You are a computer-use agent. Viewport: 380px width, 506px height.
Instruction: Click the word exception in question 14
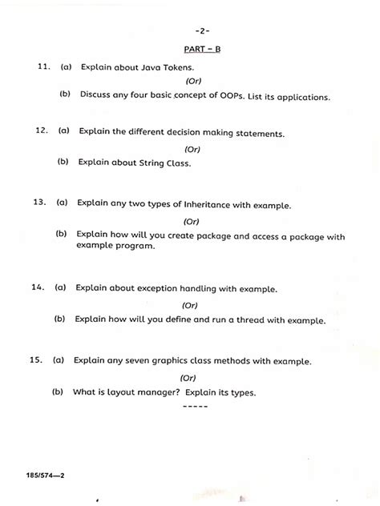[164, 288]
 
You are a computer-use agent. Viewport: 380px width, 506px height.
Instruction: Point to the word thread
[244, 319]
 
